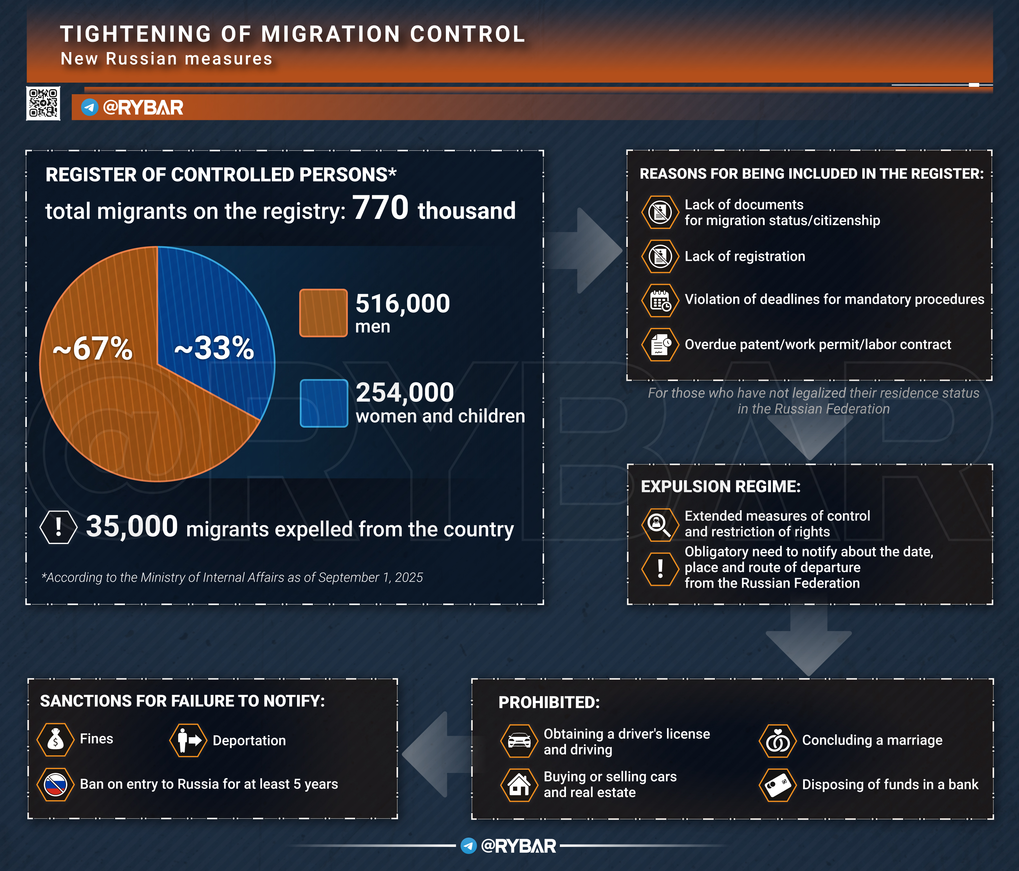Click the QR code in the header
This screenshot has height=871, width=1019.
[43, 103]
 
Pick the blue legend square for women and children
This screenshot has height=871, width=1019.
[324, 403]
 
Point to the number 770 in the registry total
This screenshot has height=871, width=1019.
[380, 208]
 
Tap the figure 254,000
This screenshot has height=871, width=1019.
[404, 393]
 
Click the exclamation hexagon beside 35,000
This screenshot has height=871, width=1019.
[58, 527]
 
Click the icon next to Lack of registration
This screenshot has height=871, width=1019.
[660, 256]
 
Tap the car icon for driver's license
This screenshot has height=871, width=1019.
[519, 741]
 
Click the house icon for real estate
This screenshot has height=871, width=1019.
[519, 785]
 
